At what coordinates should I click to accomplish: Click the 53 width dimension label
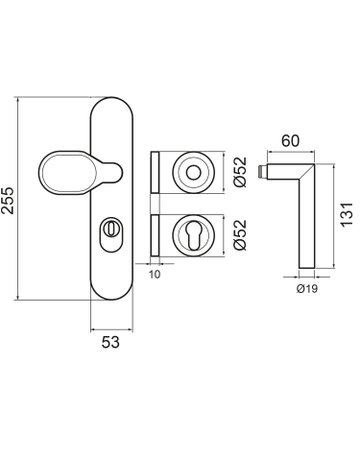tap(110, 342)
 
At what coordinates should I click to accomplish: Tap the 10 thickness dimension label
tap(155, 274)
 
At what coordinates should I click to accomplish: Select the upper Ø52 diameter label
tap(240, 172)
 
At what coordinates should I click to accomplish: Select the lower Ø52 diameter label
tap(240, 235)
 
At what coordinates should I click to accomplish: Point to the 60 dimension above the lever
tap(290, 141)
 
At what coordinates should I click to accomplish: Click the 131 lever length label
tap(347, 214)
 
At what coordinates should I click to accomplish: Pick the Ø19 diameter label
tap(307, 289)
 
